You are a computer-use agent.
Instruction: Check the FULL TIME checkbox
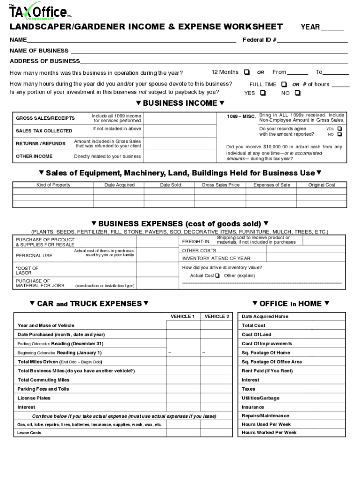pyautogui.click(x=284, y=85)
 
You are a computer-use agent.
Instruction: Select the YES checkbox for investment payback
pyautogui.click(x=263, y=93)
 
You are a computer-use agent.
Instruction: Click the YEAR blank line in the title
pyautogui.click(x=332, y=27)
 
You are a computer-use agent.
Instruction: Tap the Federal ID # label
pyautogui.click(x=259, y=40)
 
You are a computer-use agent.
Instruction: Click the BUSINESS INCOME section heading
pyautogui.click(x=180, y=103)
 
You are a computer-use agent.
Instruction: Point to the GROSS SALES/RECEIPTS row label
pyautogui.click(x=45, y=118)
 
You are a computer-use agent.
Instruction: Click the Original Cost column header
pyautogui.click(x=322, y=185)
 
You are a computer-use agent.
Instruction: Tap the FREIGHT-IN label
pyautogui.click(x=195, y=242)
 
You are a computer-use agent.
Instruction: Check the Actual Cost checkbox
pyautogui.click(x=217, y=276)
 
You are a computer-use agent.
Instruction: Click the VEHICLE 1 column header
pyautogui.click(x=182, y=317)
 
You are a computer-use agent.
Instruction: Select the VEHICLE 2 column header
pyautogui.click(x=216, y=317)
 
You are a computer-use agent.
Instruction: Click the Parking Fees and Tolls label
pyautogui.click(x=43, y=389)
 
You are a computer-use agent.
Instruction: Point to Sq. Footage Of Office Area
pyautogui.click(x=272, y=362)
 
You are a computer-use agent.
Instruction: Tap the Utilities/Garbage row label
pyautogui.click(x=260, y=398)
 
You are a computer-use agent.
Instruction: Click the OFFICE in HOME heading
pyautogui.click(x=290, y=304)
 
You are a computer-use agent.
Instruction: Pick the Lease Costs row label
pyautogui.click(x=29, y=433)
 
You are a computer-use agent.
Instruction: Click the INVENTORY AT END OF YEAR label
pyautogui.click(x=216, y=258)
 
